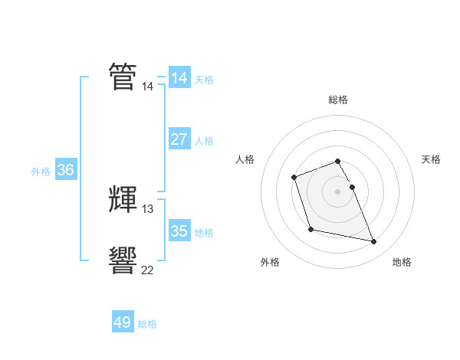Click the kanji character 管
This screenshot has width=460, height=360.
tap(123, 77)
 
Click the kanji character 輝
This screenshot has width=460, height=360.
tap(123, 199)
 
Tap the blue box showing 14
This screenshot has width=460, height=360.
tap(179, 78)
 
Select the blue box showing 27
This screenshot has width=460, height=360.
tap(179, 139)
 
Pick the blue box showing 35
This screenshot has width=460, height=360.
tap(179, 231)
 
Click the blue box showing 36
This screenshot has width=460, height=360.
tap(65, 170)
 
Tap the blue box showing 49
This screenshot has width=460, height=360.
tap(123, 322)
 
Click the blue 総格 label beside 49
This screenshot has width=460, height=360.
tap(148, 324)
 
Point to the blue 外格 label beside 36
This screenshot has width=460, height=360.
tap(41, 172)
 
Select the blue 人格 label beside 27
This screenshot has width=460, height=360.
tap(204, 141)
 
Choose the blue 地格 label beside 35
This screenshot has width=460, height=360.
tap(204, 232)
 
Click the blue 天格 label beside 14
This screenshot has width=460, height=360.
tap(204, 80)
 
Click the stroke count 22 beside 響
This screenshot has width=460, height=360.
tap(147, 270)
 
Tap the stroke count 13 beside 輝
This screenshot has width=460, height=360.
tap(147, 208)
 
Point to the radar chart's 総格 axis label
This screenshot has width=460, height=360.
tap(338, 100)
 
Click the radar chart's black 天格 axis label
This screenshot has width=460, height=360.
tap(431, 159)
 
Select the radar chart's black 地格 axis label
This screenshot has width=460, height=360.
tap(402, 262)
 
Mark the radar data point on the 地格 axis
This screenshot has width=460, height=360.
tap(374, 242)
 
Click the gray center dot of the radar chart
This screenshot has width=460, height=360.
tap(338, 191)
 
